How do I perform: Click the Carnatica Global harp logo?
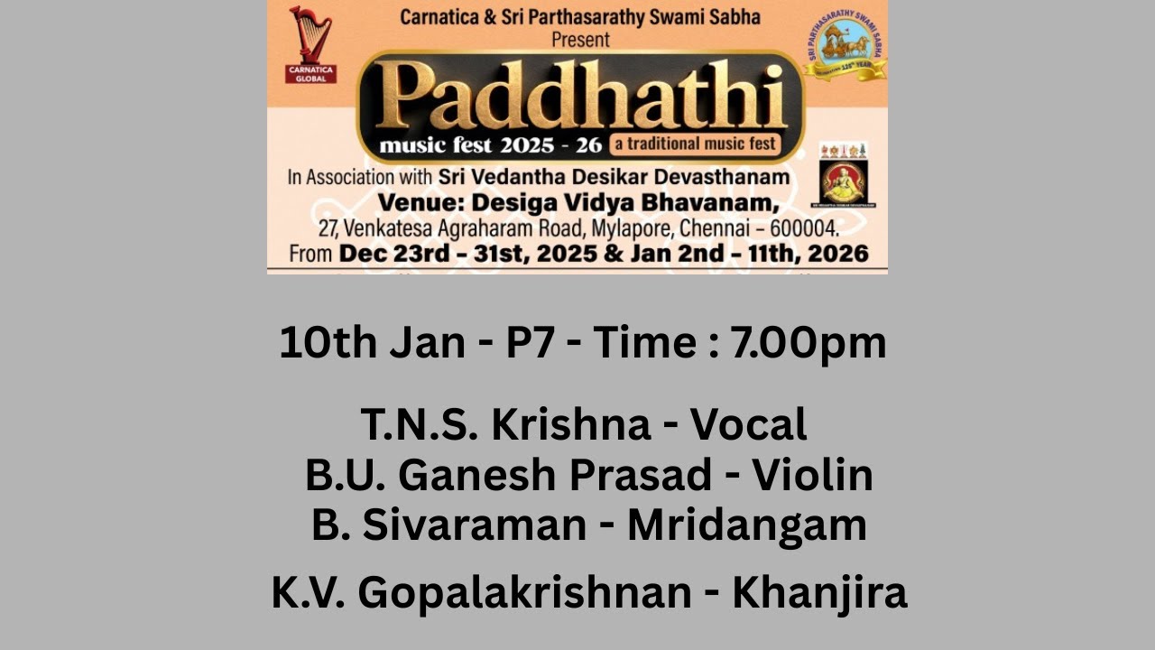(x=310, y=44)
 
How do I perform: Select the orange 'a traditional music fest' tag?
(x=694, y=144)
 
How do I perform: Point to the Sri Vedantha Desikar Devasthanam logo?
(x=843, y=174)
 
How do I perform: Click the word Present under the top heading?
(x=581, y=39)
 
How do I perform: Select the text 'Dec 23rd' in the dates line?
(x=387, y=253)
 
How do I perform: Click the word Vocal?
(x=748, y=424)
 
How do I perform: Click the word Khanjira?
(x=818, y=593)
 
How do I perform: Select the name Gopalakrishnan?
(x=524, y=593)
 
